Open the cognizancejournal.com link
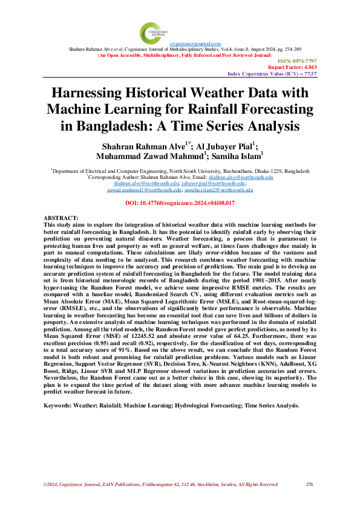pos(195,44)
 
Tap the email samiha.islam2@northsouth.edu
pos(218,190)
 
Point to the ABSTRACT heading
pos(62,216)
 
